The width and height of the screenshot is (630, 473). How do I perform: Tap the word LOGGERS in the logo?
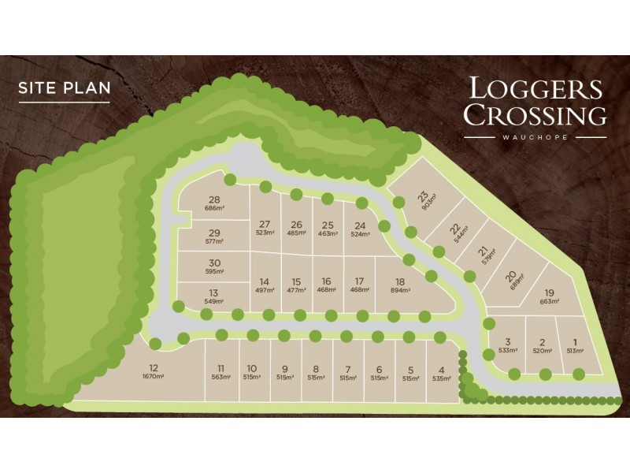click(x=535, y=88)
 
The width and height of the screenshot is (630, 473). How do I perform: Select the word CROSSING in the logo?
click(x=535, y=115)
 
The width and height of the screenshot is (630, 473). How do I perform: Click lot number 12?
click(x=154, y=367)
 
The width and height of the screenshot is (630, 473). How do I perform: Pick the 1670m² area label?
click(x=154, y=377)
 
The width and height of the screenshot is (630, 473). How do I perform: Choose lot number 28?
click(x=213, y=199)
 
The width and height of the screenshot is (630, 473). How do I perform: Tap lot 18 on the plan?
click(x=400, y=281)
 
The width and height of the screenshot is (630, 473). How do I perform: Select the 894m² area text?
click(x=400, y=290)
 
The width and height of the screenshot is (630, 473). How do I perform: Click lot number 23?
click(x=424, y=196)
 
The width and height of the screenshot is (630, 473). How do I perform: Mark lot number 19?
click(x=549, y=292)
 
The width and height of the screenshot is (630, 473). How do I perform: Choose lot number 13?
click(x=215, y=292)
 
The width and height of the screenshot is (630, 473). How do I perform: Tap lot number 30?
click(x=213, y=263)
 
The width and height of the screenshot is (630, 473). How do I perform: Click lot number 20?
click(x=511, y=276)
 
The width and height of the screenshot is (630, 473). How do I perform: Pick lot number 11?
click(x=221, y=368)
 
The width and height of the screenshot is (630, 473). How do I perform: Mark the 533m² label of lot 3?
click(x=508, y=351)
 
